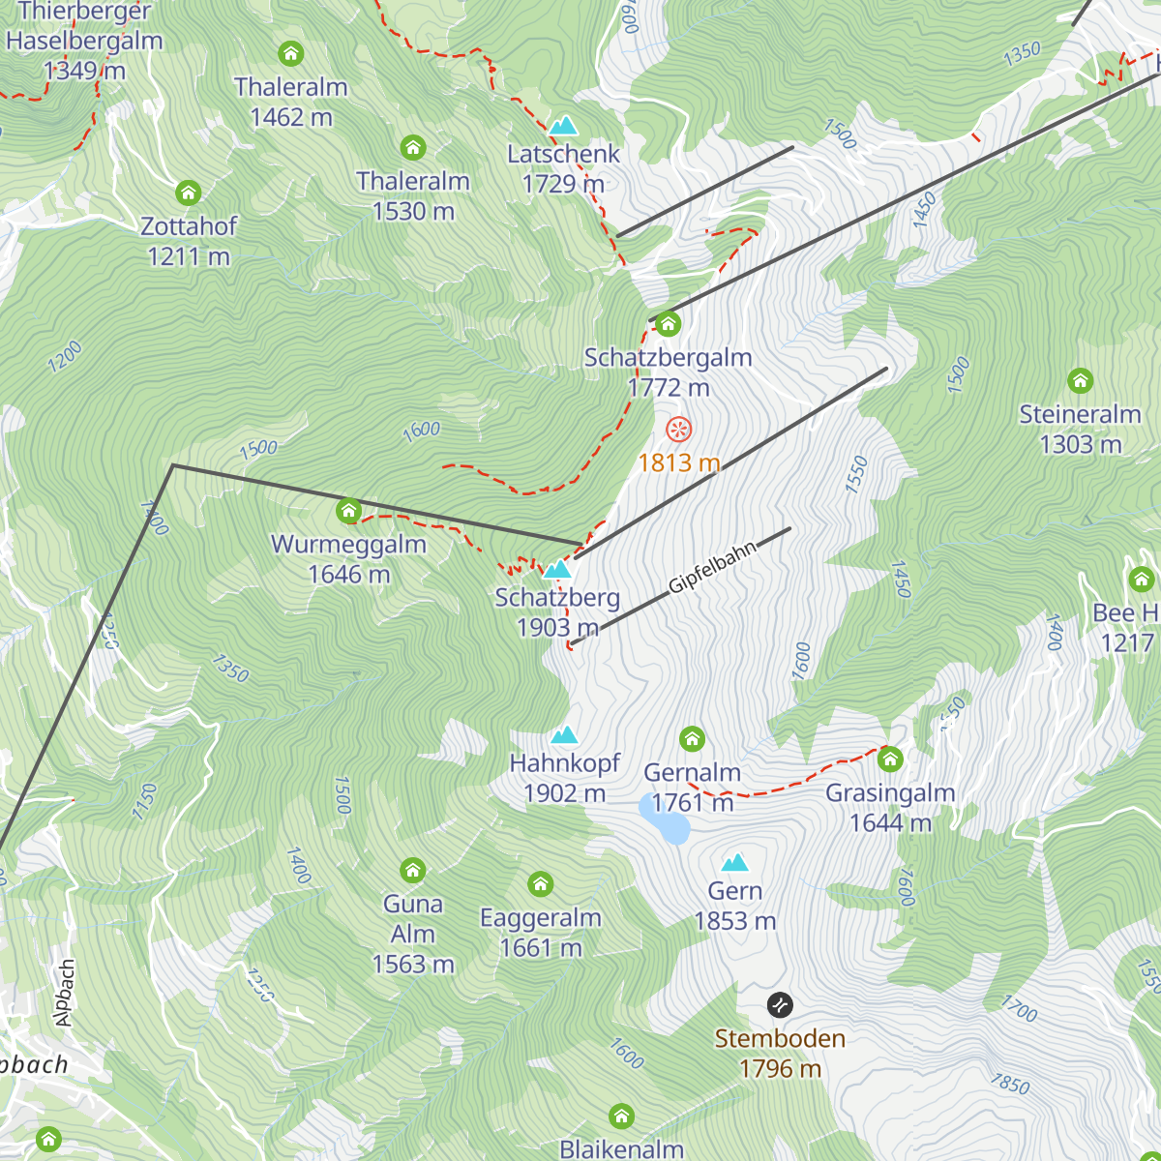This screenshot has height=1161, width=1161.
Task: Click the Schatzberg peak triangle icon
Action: click(557, 569)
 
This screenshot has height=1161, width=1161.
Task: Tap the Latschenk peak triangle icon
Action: click(563, 126)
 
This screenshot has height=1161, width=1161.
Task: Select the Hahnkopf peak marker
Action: click(564, 735)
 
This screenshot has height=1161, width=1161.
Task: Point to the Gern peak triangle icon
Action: click(735, 862)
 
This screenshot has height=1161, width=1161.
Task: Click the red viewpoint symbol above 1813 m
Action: click(679, 430)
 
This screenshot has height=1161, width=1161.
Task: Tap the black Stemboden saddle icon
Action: click(780, 1005)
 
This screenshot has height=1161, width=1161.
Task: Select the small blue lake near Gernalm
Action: click(665, 819)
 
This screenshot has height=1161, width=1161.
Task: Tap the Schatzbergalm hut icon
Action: click(668, 323)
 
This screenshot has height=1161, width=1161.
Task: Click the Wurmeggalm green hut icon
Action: click(349, 511)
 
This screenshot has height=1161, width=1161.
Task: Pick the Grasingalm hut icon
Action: click(890, 759)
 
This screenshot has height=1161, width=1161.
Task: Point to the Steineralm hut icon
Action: click(1080, 380)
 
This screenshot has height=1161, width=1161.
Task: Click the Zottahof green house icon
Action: click(189, 193)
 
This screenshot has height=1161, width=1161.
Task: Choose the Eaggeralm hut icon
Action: click(541, 884)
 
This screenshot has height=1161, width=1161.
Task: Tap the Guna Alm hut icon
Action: click(413, 870)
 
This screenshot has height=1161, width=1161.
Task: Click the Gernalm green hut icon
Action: click(692, 739)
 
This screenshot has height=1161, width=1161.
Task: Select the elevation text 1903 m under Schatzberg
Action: click(557, 628)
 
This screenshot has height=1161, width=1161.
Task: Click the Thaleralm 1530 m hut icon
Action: click(413, 148)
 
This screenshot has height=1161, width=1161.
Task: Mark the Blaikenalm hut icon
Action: click(622, 1116)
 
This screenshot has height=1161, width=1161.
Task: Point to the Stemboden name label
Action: click(780, 1039)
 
